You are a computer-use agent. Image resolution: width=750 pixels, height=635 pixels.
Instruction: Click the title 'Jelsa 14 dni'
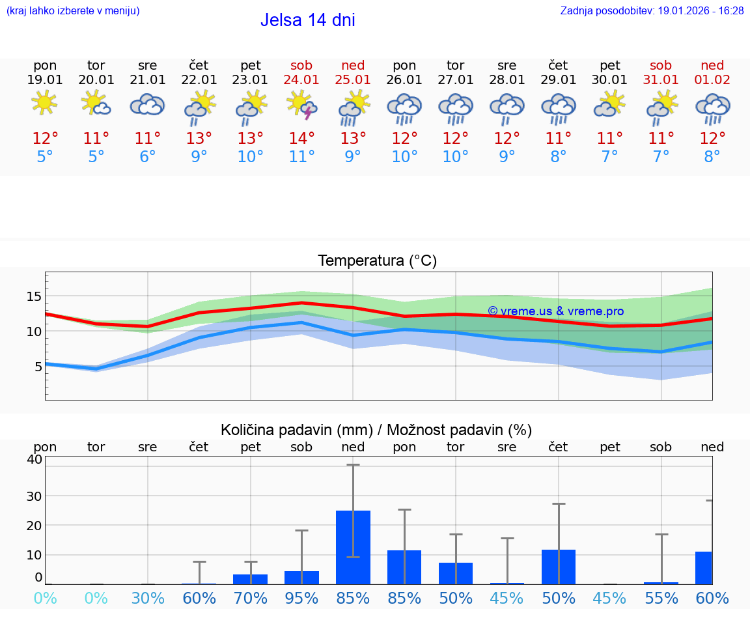pyautogui.click(x=307, y=20)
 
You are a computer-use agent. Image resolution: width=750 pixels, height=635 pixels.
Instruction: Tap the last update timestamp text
pyautogui.click(x=652, y=11)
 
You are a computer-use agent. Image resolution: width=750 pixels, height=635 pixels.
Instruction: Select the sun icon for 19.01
pyautogui.click(x=44, y=103)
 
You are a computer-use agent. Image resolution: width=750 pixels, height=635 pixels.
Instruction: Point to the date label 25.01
pyautogui.click(x=352, y=80)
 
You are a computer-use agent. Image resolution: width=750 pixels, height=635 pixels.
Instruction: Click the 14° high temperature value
pyautogui.click(x=301, y=139)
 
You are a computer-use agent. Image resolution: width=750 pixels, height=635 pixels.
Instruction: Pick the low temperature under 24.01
pyautogui.click(x=301, y=157)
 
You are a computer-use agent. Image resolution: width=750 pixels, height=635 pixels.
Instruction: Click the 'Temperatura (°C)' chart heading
pyautogui.click(x=377, y=261)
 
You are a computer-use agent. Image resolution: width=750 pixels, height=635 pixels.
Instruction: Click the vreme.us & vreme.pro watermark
pyautogui.click(x=555, y=311)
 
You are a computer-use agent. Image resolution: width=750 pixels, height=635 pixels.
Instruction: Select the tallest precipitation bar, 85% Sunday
pyautogui.click(x=353, y=547)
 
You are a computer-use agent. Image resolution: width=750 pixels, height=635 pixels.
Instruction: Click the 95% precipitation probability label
pyautogui.click(x=301, y=598)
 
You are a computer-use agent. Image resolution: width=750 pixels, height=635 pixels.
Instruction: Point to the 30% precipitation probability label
pyautogui.click(x=148, y=598)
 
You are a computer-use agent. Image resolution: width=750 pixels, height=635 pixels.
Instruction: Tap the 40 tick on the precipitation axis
pyautogui.click(x=34, y=459)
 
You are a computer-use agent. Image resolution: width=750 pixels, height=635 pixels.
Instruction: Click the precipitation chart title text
pyautogui.click(x=376, y=430)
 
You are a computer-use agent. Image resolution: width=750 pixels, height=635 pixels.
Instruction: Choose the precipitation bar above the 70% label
pyautogui.click(x=250, y=579)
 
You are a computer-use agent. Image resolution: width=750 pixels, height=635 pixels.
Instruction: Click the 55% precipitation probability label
pyautogui.click(x=661, y=598)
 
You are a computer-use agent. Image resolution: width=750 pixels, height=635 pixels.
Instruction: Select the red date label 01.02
pyautogui.click(x=712, y=80)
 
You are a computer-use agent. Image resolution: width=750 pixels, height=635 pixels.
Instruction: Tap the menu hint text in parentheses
pyautogui.click(x=73, y=11)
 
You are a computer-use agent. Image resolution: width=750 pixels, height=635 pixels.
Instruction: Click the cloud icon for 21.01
pyautogui.click(x=147, y=104)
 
